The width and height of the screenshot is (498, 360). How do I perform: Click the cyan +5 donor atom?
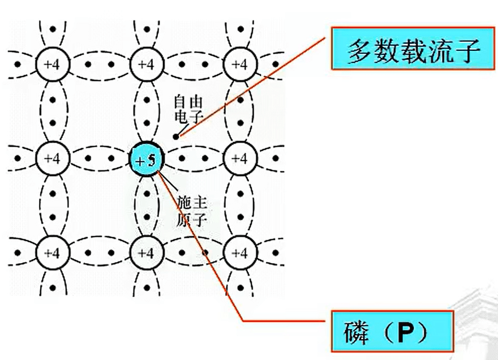[147, 158]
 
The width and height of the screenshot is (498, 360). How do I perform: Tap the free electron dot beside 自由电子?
[175, 136]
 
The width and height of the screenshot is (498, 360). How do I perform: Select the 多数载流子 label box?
[413, 48]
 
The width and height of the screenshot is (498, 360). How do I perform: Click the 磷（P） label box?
[393, 331]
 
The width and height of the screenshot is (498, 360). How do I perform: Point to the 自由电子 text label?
[188, 109]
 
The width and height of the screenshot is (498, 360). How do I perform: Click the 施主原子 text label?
[191, 211]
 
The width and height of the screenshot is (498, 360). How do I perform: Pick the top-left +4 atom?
[53, 65]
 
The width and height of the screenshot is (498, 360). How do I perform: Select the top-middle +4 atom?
[147, 65]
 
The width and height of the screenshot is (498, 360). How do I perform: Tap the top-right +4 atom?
[240, 65]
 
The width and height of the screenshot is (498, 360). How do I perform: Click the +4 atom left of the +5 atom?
[53, 158]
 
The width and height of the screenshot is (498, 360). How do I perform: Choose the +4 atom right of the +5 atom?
[240, 158]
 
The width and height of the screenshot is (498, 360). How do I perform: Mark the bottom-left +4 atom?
[53, 253]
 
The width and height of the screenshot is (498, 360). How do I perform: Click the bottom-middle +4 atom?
[147, 253]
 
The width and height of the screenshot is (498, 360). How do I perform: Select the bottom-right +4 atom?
[240, 253]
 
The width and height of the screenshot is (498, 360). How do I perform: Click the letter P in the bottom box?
[406, 332]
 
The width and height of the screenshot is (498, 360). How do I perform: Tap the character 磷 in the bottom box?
[357, 332]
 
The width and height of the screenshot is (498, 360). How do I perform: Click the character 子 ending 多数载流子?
[466, 51]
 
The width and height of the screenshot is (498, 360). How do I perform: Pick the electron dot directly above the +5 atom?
[147, 123]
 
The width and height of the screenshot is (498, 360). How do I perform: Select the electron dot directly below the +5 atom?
[147, 194]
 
